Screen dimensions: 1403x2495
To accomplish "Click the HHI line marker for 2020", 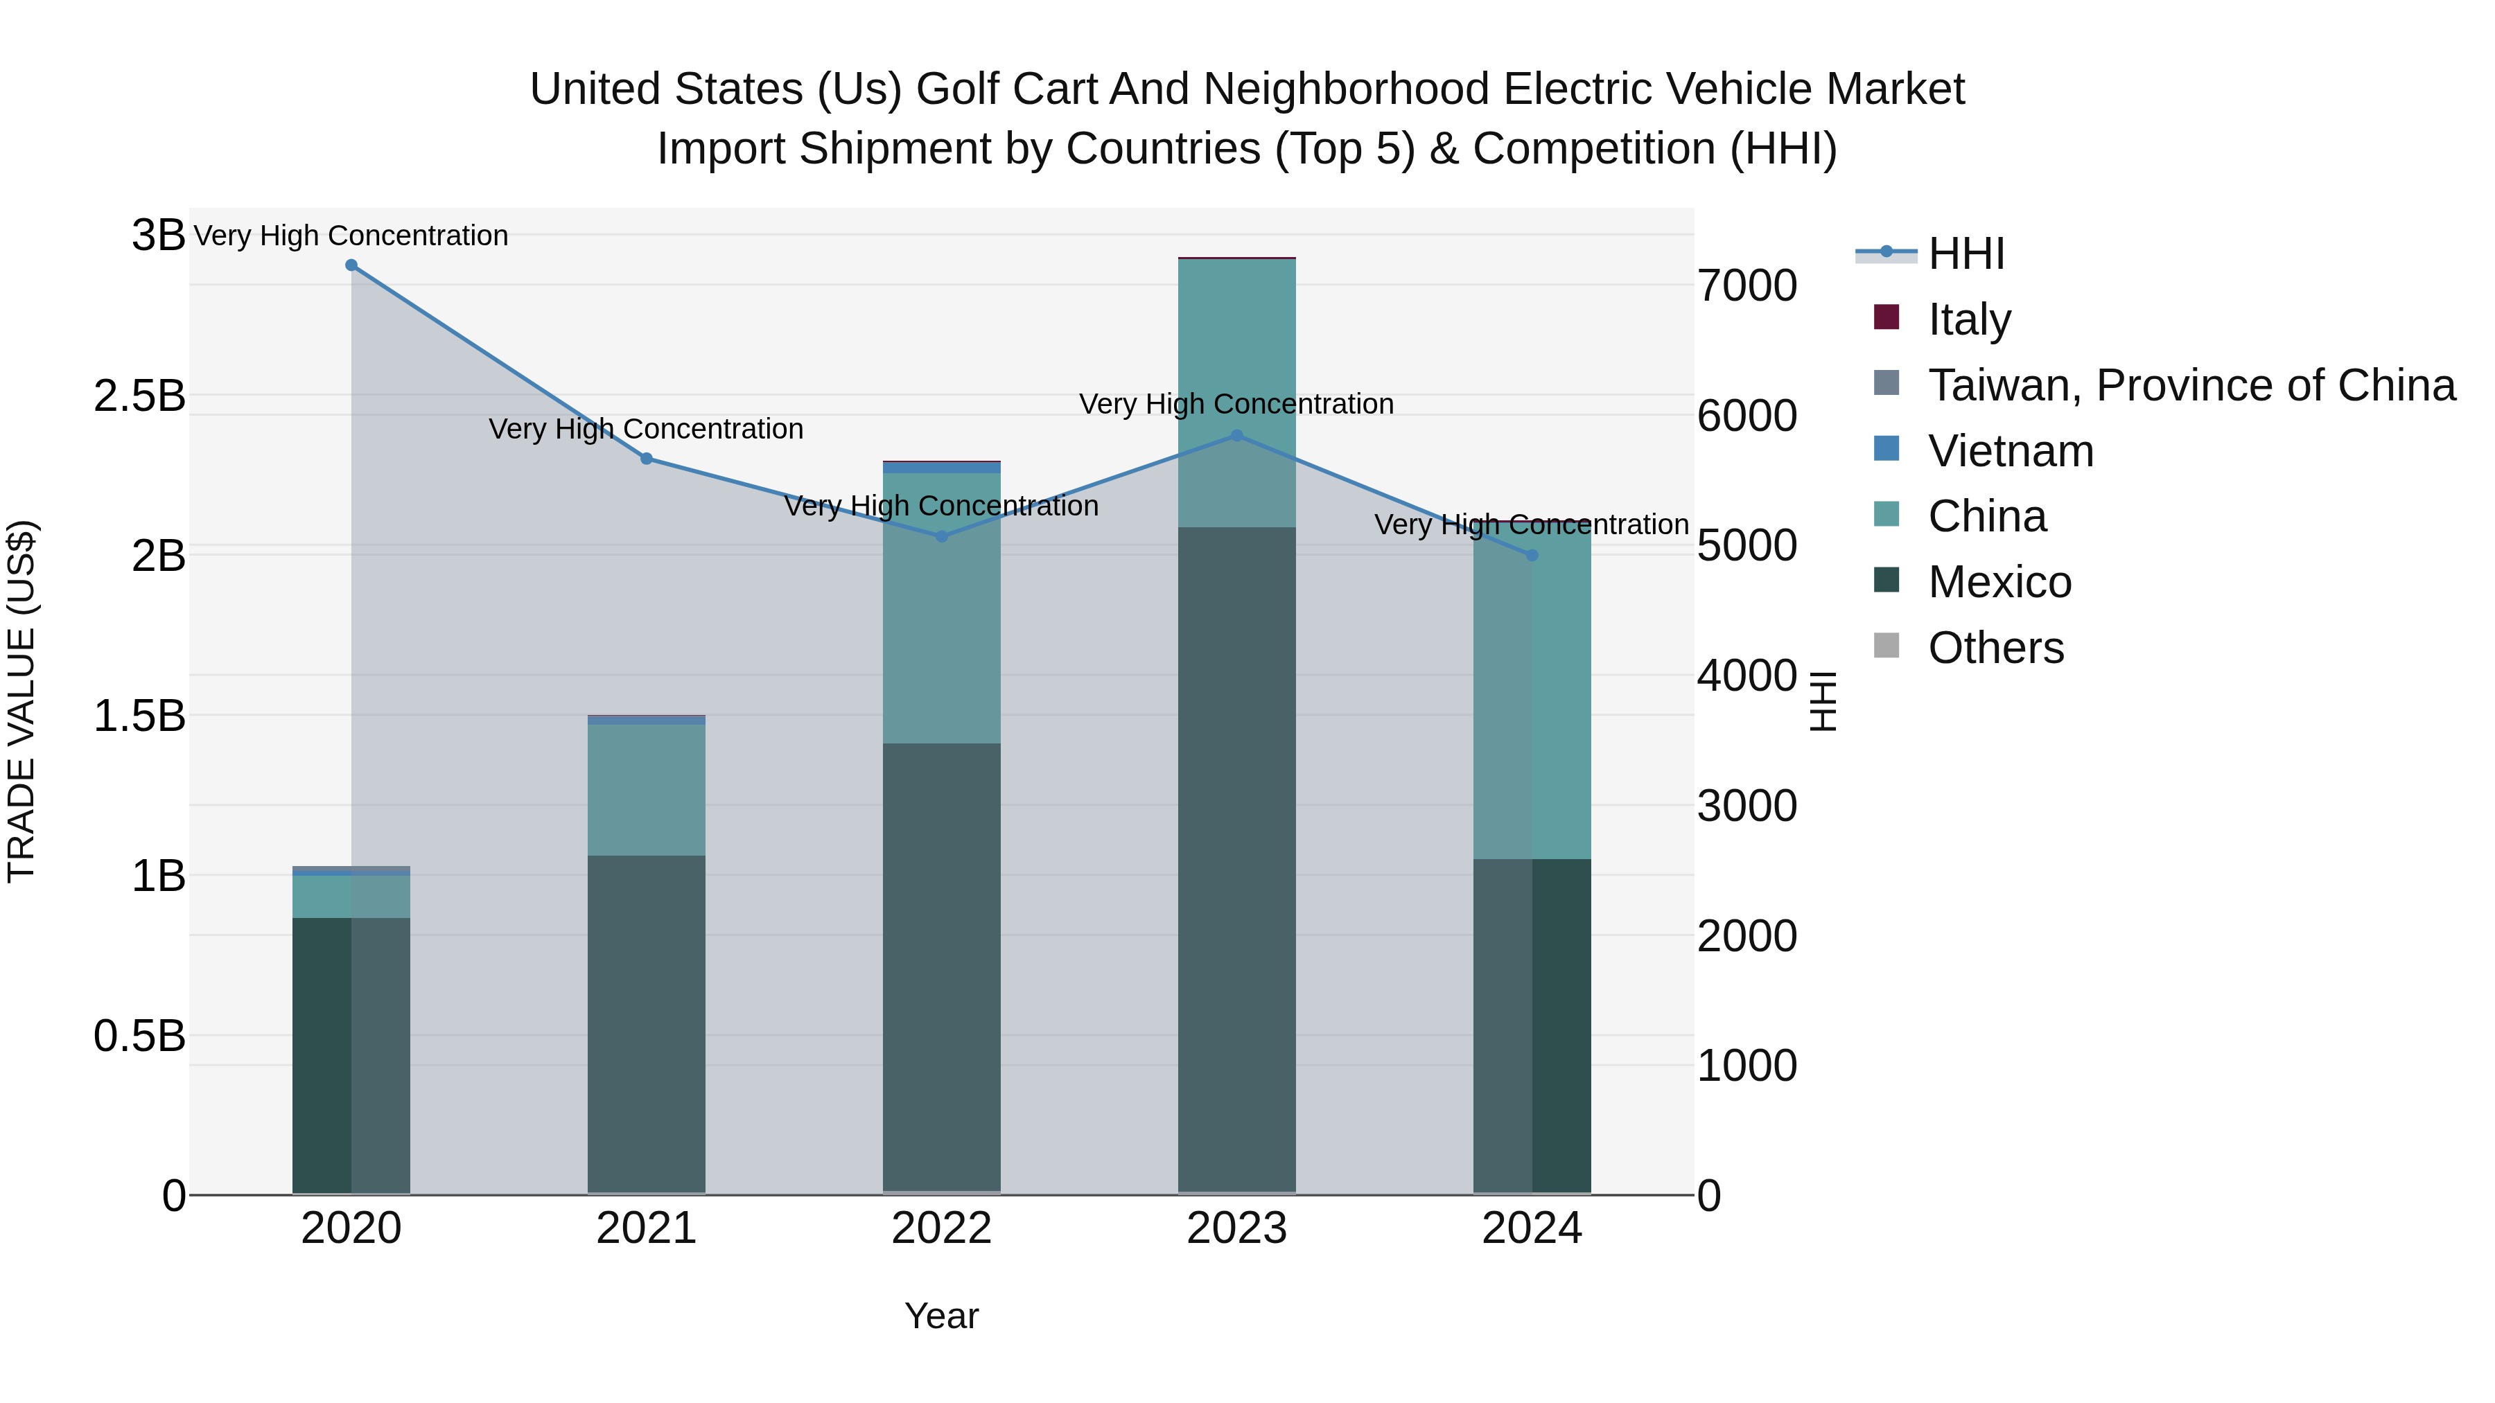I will tap(351, 265).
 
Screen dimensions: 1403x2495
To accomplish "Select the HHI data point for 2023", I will tap(1237, 436).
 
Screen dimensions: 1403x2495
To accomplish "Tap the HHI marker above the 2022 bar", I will tap(941, 536).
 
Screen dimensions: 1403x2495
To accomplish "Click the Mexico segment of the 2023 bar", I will tap(1237, 862).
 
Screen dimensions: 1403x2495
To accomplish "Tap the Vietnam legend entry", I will tap(2010, 451).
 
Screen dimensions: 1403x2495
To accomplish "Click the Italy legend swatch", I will tap(1886, 317).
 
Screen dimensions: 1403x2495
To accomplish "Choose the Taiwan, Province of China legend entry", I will tap(2191, 385).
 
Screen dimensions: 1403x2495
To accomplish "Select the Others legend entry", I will tap(1995, 648).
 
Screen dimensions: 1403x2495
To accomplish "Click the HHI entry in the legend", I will tap(1966, 254).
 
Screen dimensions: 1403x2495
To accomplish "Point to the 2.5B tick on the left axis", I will tap(139, 396).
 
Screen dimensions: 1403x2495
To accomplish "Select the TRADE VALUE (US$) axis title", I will tap(21, 701).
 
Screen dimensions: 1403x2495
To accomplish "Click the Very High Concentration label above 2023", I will tap(1237, 404).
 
